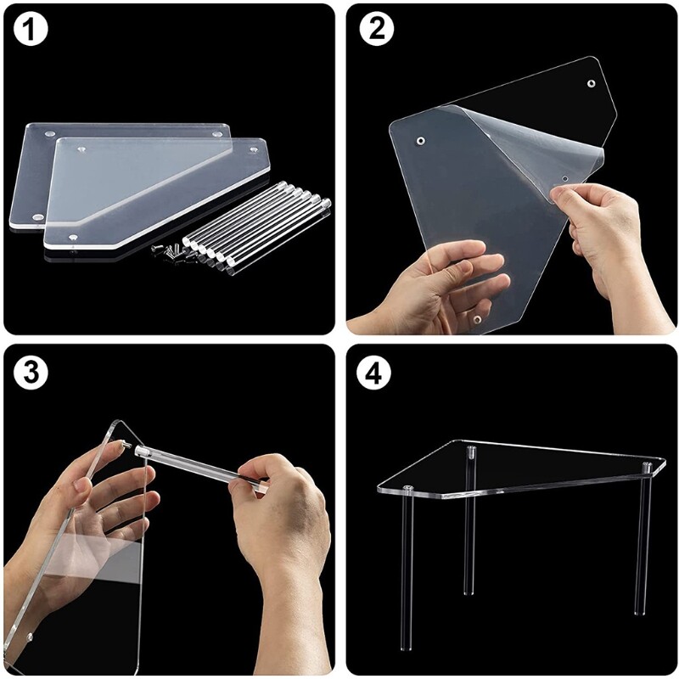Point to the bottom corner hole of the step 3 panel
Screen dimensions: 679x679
point(31,636)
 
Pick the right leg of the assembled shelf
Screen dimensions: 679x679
point(643,552)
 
